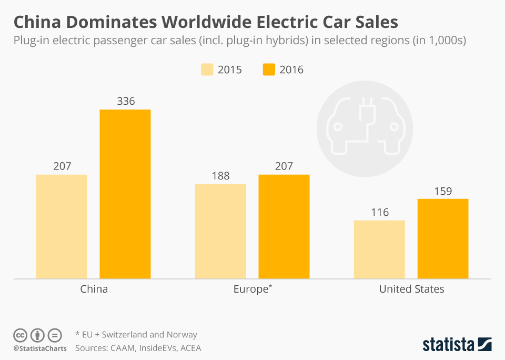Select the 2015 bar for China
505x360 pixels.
[62, 226]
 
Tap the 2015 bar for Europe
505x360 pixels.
[220, 231]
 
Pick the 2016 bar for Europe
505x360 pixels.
[284, 226]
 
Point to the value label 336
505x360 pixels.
[125, 101]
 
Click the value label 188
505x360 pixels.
[220, 176]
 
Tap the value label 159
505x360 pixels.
[443, 191]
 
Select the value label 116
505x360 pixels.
[379, 212]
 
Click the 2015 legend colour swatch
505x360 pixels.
[207, 69]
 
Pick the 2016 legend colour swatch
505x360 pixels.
[269, 69]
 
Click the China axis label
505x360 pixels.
[94, 289]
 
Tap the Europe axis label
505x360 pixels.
[252, 289]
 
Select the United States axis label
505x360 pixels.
[411, 289]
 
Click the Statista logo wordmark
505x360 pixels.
[448, 345]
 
